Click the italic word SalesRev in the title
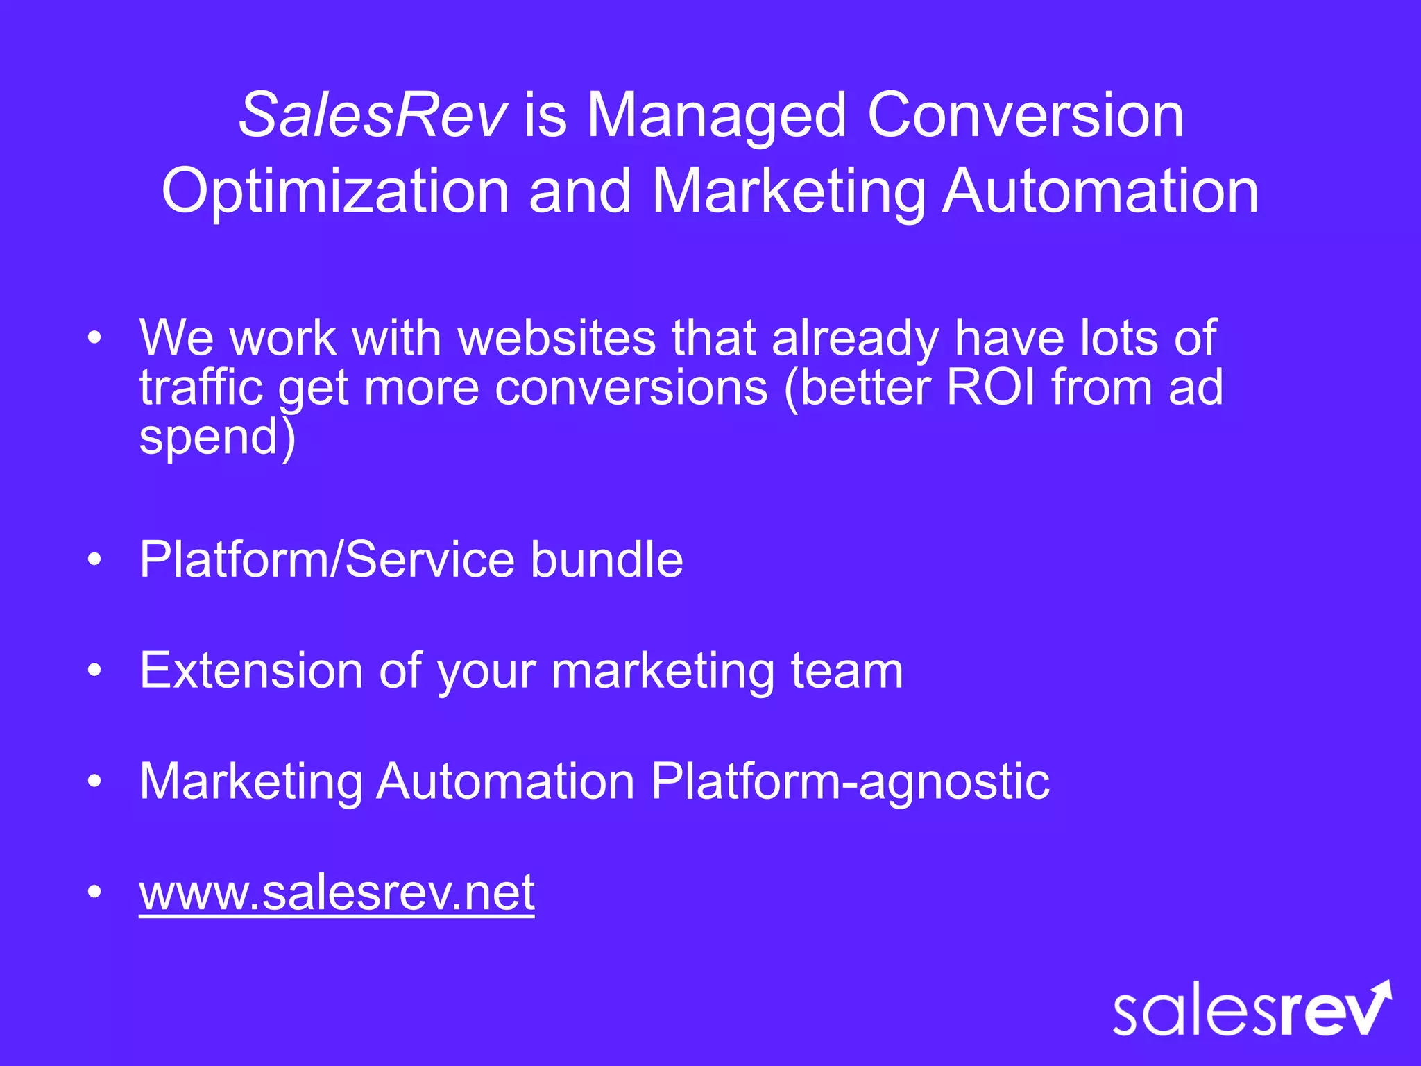(373, 115)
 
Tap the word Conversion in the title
(1025, 115)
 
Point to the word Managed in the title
(717, 117)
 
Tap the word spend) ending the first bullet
(217, 437)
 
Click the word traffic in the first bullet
(201, 387)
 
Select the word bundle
(606, 559)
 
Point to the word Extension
(251, 670)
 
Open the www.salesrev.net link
(337, 892)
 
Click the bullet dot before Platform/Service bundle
(95, 559)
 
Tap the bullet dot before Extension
(95, 670)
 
